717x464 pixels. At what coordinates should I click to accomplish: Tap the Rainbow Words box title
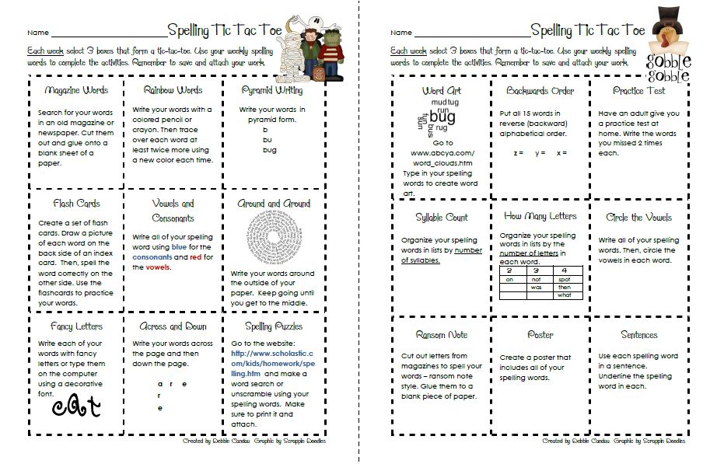(x=173, y=90)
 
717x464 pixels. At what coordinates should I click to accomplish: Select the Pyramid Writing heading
(x=271, y=91)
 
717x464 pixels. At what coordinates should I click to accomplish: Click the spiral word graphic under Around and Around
(x=271, y=239)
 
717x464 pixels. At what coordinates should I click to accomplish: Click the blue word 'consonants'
(x=152, y=257)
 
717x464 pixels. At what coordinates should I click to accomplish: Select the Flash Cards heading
(x=77, y=204)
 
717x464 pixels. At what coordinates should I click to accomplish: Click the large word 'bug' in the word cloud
(x=442, y=117)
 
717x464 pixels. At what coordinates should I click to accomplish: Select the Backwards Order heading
(x=540, y=91)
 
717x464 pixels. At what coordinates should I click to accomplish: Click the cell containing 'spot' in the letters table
(x=564, y=278)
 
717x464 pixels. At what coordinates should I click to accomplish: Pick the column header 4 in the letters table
(x=564, y=270)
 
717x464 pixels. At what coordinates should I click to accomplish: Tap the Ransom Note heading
(x=442, y=335)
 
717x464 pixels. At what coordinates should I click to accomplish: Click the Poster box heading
(x=540, y=335)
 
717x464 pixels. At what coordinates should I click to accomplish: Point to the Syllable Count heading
(x=442, y=218)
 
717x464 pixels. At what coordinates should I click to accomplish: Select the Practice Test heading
(x=638, y=91)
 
